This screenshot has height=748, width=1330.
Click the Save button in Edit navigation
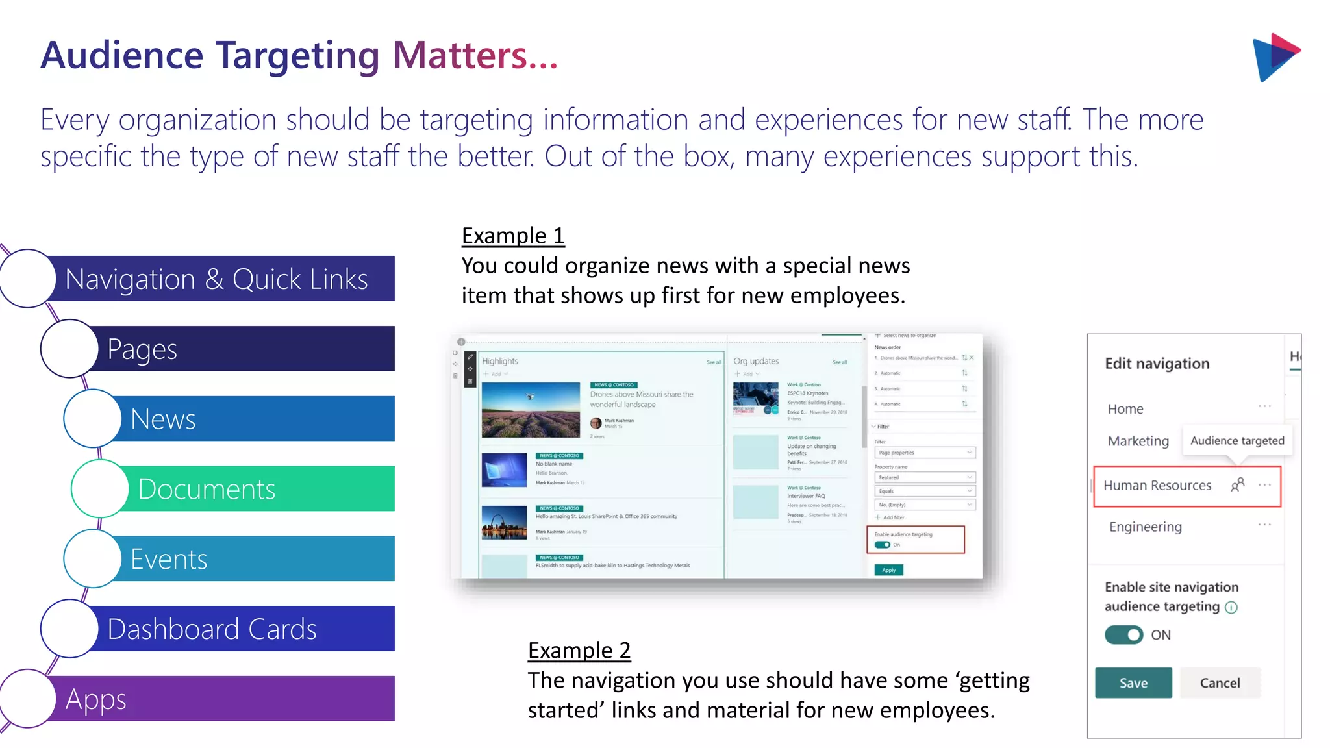1133,682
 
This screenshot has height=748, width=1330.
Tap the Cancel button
1220,682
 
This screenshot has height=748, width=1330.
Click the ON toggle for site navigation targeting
1124,634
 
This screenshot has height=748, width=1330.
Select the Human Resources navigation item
1157,485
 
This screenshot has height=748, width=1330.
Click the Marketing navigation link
1138,441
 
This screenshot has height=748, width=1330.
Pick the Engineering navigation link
1145,527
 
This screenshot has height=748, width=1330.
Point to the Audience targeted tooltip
1237,440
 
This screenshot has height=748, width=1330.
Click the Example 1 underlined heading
513,235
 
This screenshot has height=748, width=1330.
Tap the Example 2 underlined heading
579,650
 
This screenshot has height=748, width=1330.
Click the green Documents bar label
207,489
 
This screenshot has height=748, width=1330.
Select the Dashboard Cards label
212,629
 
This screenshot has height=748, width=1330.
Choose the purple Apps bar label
96,699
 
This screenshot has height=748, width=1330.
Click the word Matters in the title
460,55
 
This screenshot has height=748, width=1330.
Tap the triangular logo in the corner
1275,57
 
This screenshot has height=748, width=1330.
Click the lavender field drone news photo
531,410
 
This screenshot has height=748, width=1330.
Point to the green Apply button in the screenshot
888,570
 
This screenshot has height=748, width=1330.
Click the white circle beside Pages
69,349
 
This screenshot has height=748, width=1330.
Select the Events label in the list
169,559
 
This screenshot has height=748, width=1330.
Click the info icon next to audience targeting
1231,607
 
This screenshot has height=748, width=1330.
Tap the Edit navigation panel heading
1157,363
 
